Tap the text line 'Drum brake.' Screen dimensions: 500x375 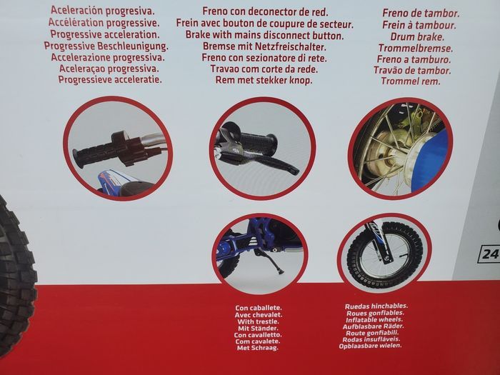pyautogui.click(x=417, y=36)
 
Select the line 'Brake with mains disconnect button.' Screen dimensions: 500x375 pyautogui.click(x=265, y=35)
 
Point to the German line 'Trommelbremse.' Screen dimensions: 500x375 pyautogui.click(x=416, y=48)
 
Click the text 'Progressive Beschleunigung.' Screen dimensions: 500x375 pyautogui.click(x=106, y=46)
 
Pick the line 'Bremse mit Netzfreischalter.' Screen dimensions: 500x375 pyautogui.click(x=264, y=46)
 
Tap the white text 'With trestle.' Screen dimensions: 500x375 pyautogui.click(x=258, y=321)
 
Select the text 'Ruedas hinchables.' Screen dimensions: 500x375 pyautogui.click(x=376, y=306)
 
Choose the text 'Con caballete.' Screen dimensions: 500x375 pyautogui.click(x=259, y=308)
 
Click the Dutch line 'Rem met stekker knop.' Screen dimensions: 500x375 pyautogui.click(x=264, y=80)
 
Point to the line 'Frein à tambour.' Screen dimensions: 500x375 pyautogui.click(x=419, y=25)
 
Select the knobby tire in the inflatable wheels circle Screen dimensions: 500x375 pyautogui.click(x=385, y=255)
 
